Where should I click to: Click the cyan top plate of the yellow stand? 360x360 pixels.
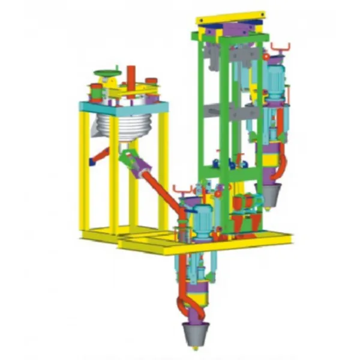click(123, 107)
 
